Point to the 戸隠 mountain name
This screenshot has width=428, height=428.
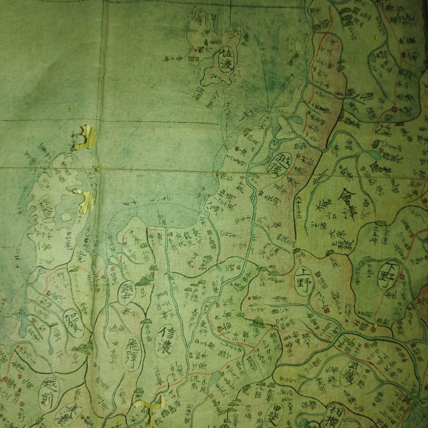pyautogui.click(x=195, y=288)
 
